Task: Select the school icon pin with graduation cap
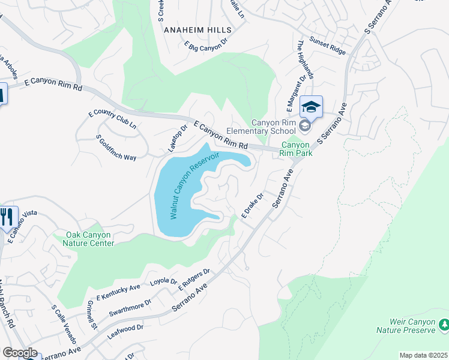[x=311, y=107]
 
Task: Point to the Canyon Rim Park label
[x=295, y=148]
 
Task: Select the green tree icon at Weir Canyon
[x=444, y=325]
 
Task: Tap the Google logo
[x=20, y=353]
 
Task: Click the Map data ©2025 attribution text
[x=423, y=355]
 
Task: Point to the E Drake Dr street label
[x=253, y=205]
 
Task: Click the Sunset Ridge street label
[x=327, y=46]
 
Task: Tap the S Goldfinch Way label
[x=116, y=148]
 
